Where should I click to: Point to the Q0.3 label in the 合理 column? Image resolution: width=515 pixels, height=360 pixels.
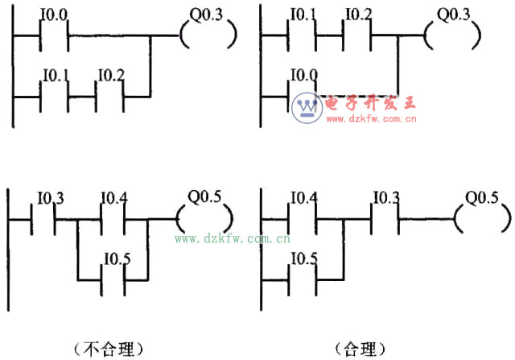point(452,14)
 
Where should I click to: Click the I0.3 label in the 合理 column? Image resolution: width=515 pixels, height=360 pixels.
point(388,197)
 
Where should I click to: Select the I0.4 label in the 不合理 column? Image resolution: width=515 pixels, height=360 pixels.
point(113,197)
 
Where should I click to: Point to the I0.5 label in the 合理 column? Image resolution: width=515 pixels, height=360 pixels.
point(304,258)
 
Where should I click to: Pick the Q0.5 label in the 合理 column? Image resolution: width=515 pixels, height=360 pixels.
point(482,196)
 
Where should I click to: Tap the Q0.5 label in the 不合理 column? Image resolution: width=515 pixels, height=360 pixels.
point(203,196)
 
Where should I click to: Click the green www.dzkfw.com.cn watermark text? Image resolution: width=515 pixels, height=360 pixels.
point(233,238)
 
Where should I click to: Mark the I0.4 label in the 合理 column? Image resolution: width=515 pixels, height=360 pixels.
point(304,197)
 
